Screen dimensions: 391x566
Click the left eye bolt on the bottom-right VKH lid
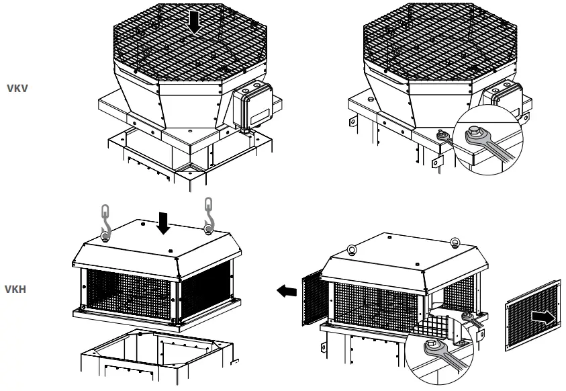click(352, 251)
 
